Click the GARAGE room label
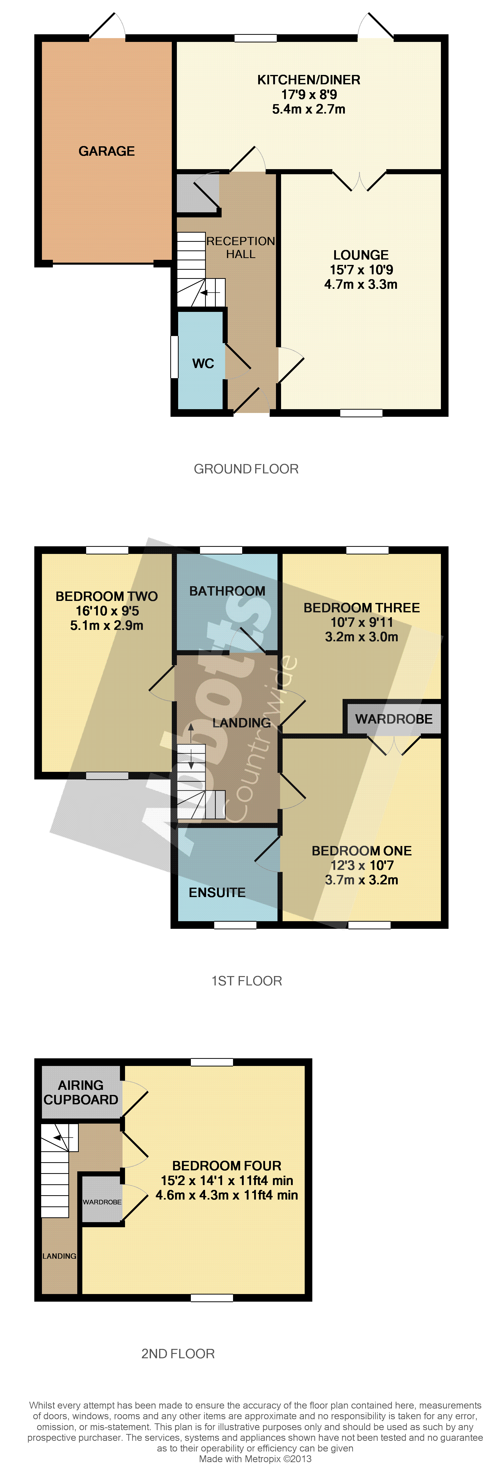[x=106, y=151]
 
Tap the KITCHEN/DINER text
[x=309, y=80]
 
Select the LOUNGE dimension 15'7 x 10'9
[x=361, y=269]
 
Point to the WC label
[x=203, y=364]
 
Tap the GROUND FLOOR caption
[x=246, y=469]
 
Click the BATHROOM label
[x=227, y=591]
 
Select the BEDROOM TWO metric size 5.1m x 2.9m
[x=106, y=625]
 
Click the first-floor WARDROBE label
[x=394, y=719]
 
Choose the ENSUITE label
[x=217, y=892]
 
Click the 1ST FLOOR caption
[x=247, y=981]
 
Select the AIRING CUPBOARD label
[x=81, y=1092]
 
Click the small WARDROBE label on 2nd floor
[x=102, y=1202]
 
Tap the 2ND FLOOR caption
[x=178, y=1353]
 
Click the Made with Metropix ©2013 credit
[x=255, y=1459]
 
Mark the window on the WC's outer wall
[x=174, y=357]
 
